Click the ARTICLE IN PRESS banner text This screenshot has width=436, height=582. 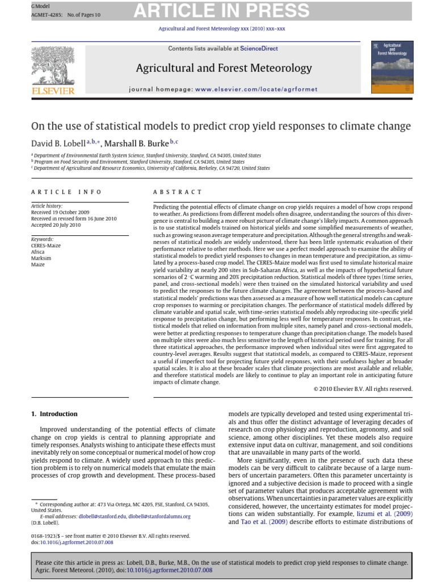(221, 11)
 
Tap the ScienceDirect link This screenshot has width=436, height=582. (259, 48)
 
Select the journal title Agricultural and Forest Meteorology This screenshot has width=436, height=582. (224, 69)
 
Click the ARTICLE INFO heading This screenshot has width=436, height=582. (66, 192)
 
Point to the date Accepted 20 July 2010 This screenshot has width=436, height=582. (56, 225)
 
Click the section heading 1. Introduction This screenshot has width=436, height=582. (54, 414)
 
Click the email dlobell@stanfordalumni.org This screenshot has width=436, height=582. (160, 516)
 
